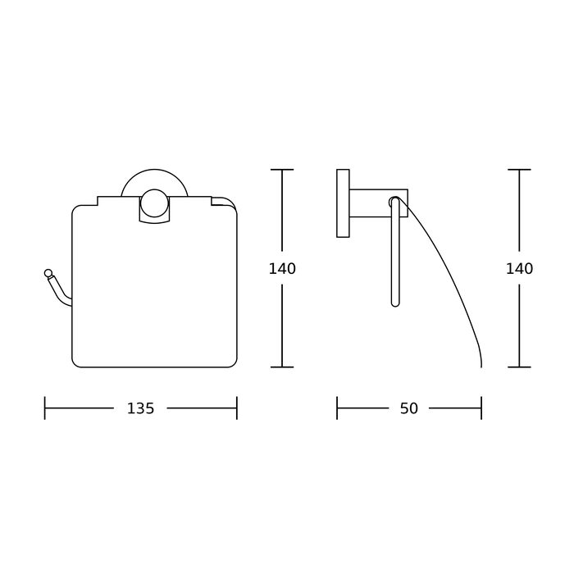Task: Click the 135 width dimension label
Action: pos(140,408)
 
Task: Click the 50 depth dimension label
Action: pos(409,408)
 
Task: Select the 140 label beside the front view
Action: pos(282,269)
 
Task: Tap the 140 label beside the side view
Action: pos(519,269)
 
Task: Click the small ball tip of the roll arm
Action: pos(48,273)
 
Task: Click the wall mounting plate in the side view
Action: pos(343,203)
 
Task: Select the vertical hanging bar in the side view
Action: pos(395,252)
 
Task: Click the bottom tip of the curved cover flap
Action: pos(481,366)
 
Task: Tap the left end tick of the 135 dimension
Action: pos(44,408)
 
